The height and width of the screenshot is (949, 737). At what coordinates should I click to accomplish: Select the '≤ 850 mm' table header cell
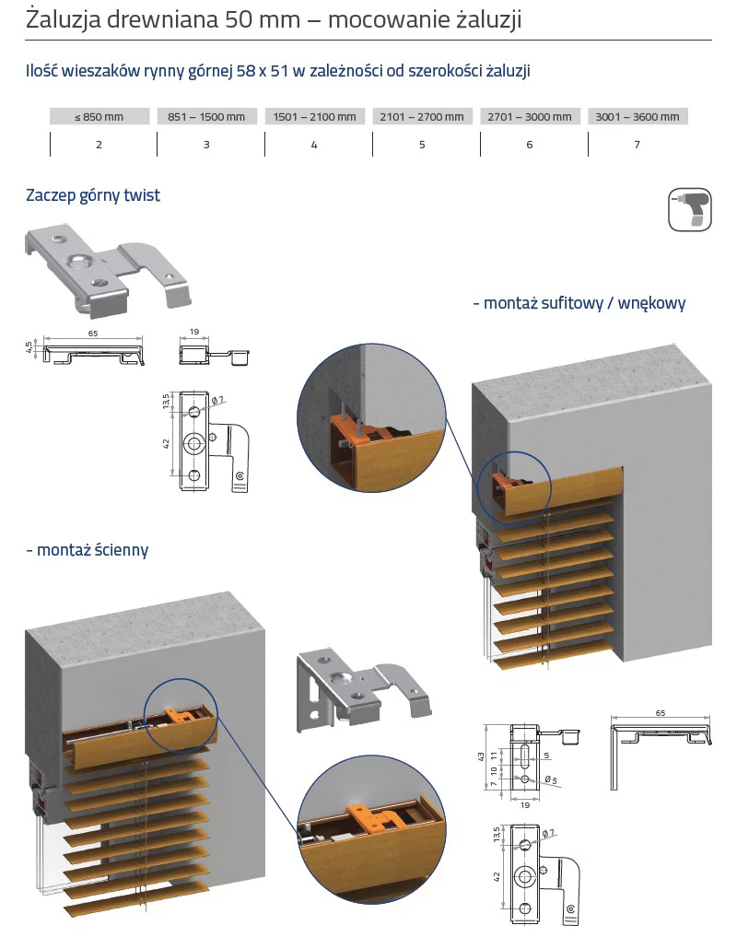(x=99, y=117)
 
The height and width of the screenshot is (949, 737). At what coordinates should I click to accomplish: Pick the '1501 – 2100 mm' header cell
(x=314, y=117)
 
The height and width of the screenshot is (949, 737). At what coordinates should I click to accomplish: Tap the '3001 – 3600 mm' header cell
(x=638, y=117)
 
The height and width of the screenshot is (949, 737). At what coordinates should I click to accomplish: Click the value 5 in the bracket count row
(x=422, y=145)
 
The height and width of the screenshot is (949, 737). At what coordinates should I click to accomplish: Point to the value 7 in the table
(x=637, y=145)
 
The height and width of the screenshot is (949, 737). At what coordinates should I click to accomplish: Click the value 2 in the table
(x=99, y=145)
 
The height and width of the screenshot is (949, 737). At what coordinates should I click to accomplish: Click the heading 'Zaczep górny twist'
(x=93, y=195)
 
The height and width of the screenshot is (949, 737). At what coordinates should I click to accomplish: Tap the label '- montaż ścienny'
(x=87, y=550)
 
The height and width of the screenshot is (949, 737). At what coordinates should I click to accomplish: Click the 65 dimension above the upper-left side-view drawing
(x=93, y=334)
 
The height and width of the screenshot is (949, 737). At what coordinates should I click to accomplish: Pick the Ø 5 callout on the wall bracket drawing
(x=550, y=780)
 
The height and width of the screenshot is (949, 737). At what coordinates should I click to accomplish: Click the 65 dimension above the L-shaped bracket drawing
(x=661, y=712)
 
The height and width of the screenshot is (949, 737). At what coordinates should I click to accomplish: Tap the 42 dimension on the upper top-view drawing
(x=168, y=443)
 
